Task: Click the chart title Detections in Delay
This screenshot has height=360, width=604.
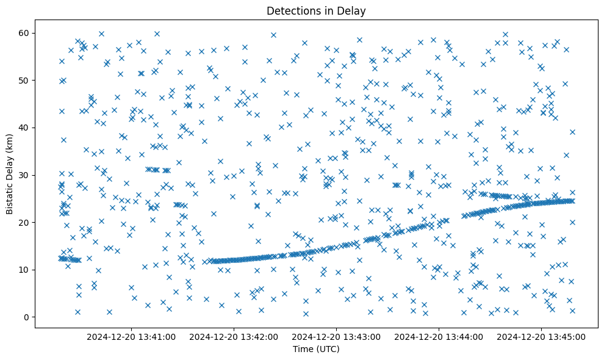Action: (x=316, y=10)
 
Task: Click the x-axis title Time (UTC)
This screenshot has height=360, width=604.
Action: (x=316, y=350)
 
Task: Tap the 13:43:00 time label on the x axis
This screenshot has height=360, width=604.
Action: (x=336, y=336)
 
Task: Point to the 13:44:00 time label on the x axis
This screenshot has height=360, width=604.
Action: (x=439, y=336)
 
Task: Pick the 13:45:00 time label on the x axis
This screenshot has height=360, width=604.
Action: (x=541, y=336)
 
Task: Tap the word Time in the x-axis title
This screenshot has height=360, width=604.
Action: (x=303, y=350)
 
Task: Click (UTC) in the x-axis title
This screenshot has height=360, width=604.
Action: (x=327, y=350)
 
